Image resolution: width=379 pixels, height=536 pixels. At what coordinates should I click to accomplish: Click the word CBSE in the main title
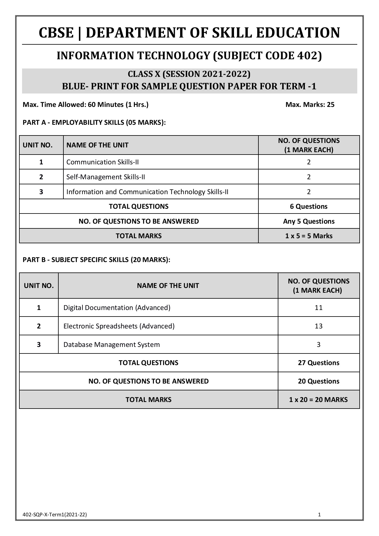(56, 33)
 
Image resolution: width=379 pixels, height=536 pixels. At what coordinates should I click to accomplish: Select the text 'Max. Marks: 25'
(310, 105)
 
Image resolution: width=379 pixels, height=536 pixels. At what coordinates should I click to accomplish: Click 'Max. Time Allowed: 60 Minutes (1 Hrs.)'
(85, 105)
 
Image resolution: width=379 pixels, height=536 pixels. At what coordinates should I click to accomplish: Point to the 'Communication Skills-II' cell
(102, 162)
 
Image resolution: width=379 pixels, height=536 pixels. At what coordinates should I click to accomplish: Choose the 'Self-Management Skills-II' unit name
(105, 177)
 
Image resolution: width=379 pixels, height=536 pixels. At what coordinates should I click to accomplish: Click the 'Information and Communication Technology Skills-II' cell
(147, 192)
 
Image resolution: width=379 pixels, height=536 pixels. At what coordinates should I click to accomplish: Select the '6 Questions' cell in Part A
(308, 206)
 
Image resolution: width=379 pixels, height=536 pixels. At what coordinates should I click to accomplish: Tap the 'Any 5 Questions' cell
(308, 221)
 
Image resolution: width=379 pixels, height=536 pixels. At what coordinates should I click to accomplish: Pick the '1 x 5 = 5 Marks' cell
(308, 236)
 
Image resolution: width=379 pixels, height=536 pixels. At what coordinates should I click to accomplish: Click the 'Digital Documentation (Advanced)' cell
(117, 308)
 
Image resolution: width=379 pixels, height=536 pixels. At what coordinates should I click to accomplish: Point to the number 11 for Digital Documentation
(318, 308)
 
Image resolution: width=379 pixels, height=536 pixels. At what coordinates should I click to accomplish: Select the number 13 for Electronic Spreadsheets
(318, 326)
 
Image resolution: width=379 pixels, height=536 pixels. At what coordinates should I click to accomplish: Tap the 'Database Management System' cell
(111, 345)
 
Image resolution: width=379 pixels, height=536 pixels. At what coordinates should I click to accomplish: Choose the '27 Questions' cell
(318, 363)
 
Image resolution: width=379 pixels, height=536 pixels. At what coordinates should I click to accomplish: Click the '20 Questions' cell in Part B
(318, 381)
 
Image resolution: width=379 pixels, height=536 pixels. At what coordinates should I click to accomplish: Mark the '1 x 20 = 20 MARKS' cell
(318, 400)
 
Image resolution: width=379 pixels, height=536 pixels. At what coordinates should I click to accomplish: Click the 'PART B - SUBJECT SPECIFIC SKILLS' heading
(96, 260)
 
